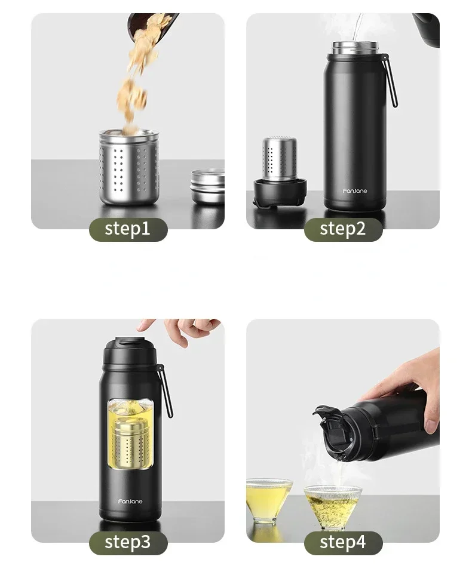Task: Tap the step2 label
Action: (x=343, y=229)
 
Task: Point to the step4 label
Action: (x=343, y=543)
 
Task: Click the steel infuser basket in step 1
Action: (x=129, y=167)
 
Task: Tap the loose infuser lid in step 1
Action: (x=207, y=186)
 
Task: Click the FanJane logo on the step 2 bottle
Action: (x=355, y=191)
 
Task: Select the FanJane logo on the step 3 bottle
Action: (x=130, y=502)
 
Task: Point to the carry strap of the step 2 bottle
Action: (x=390, y=81)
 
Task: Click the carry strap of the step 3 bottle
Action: (x=165, y=391)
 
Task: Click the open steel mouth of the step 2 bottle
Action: (x=355, y=48)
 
